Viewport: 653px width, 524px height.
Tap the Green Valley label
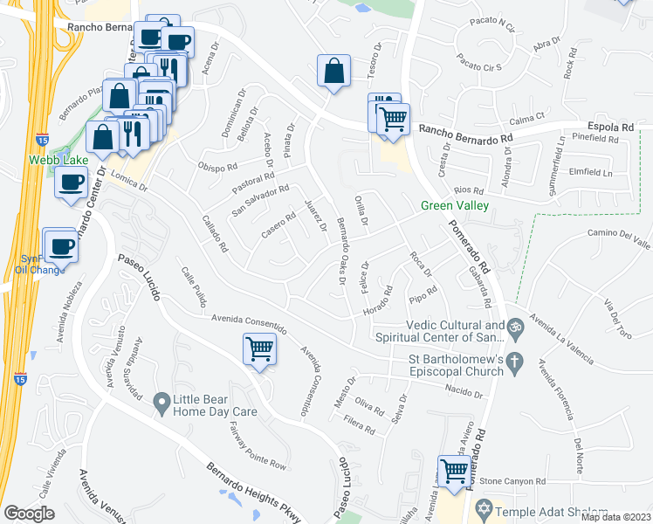point(454,206)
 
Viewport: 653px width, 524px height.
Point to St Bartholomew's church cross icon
point(515,361)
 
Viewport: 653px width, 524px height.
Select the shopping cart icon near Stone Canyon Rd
point(454,471)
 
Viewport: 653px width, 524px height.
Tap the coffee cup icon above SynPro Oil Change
point(60,246)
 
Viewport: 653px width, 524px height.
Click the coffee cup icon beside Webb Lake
point(71,182)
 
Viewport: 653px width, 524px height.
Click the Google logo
point(30,514)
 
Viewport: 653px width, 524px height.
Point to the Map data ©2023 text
point(615,517)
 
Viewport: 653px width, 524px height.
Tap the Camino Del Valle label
point(620,233)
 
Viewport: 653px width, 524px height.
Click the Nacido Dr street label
point(464,393)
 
